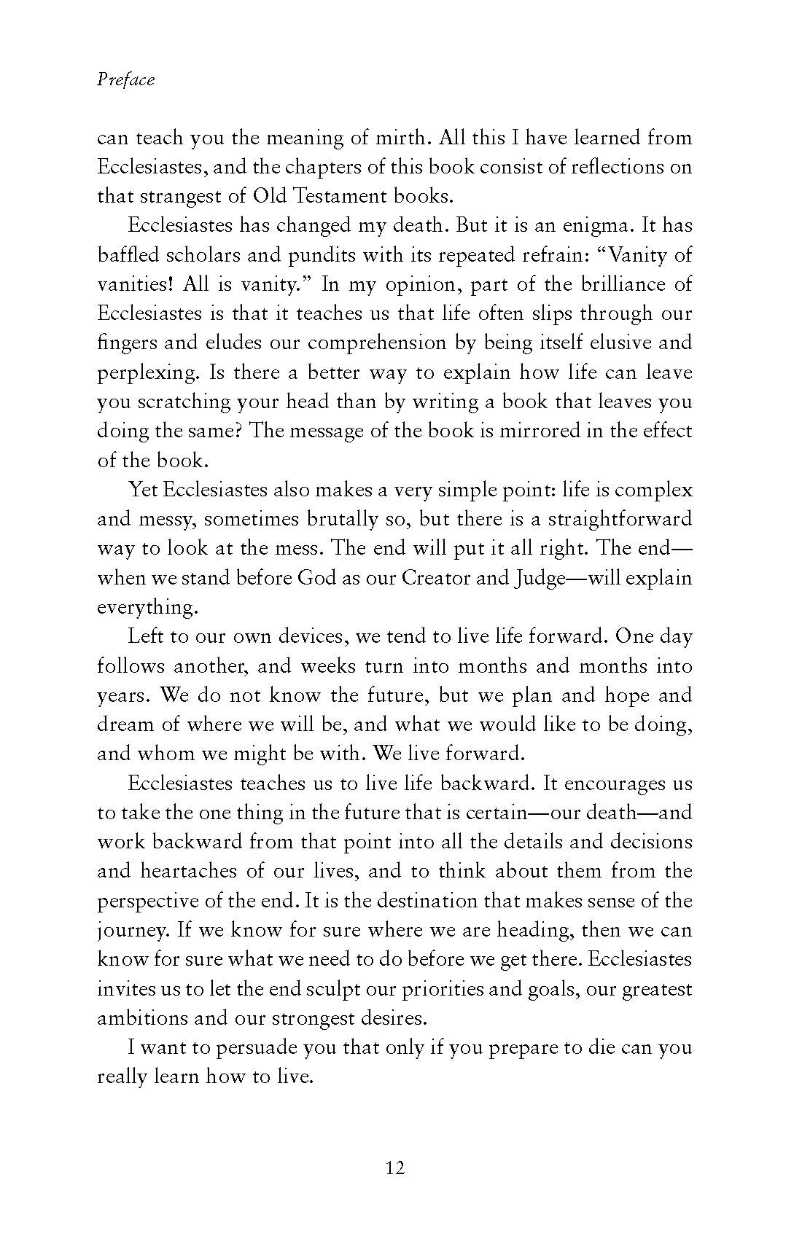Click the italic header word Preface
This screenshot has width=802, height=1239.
coord(126,79)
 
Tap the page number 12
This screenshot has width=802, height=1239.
coord(394,1168)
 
